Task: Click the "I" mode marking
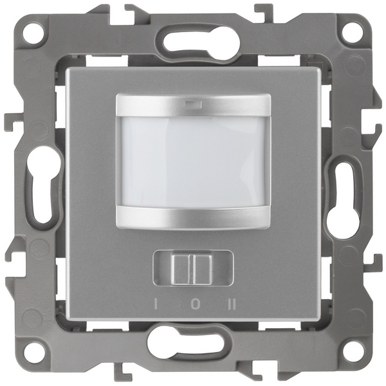point(156,304)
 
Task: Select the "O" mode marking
point(194,304)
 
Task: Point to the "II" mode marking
point(232,304)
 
